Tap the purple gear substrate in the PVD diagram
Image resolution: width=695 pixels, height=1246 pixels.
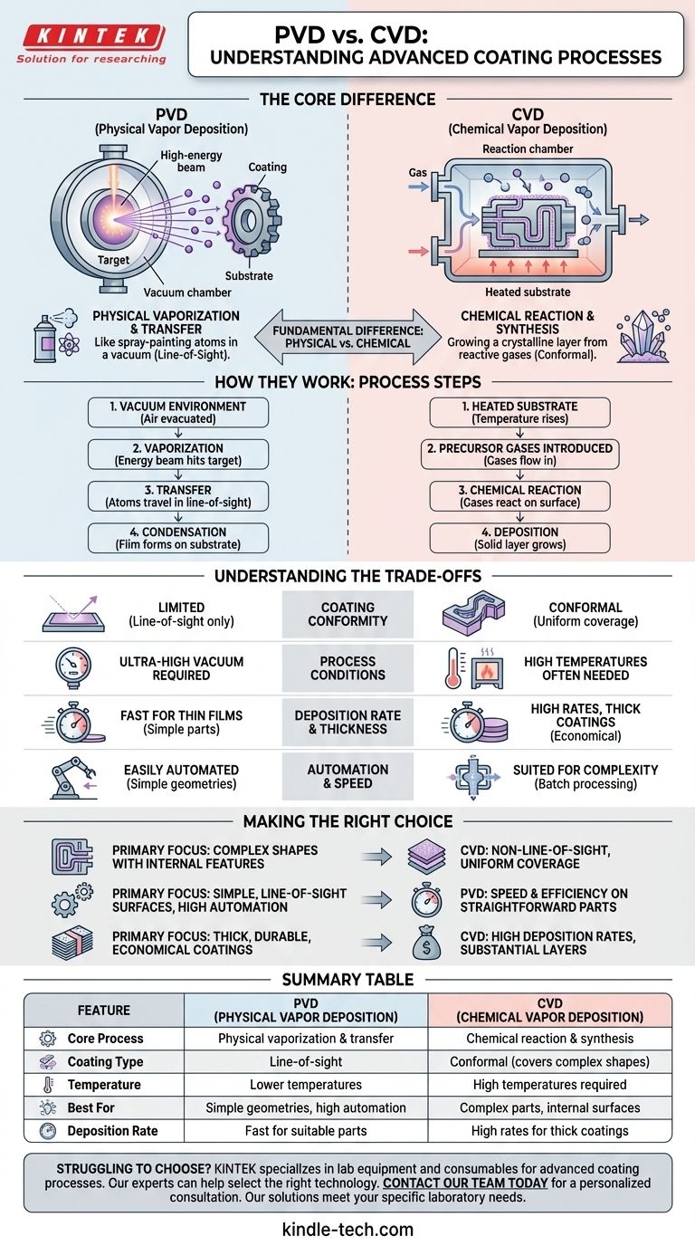coord(243,222)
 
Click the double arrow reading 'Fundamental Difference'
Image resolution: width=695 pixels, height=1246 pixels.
coord(347,335)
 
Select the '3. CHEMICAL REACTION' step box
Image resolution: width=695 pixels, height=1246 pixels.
coord(519,496)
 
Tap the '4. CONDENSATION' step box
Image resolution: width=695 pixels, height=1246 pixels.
coord(178,538)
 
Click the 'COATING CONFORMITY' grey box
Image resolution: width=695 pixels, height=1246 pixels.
coord(347,614)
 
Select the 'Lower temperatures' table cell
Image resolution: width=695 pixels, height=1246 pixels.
coord(306,1085)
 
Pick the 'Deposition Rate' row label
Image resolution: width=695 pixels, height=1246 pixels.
coord(113,1131)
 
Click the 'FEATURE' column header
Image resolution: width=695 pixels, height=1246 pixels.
coord(104,1010)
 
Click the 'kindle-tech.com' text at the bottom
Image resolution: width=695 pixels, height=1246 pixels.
coord(347,1229)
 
